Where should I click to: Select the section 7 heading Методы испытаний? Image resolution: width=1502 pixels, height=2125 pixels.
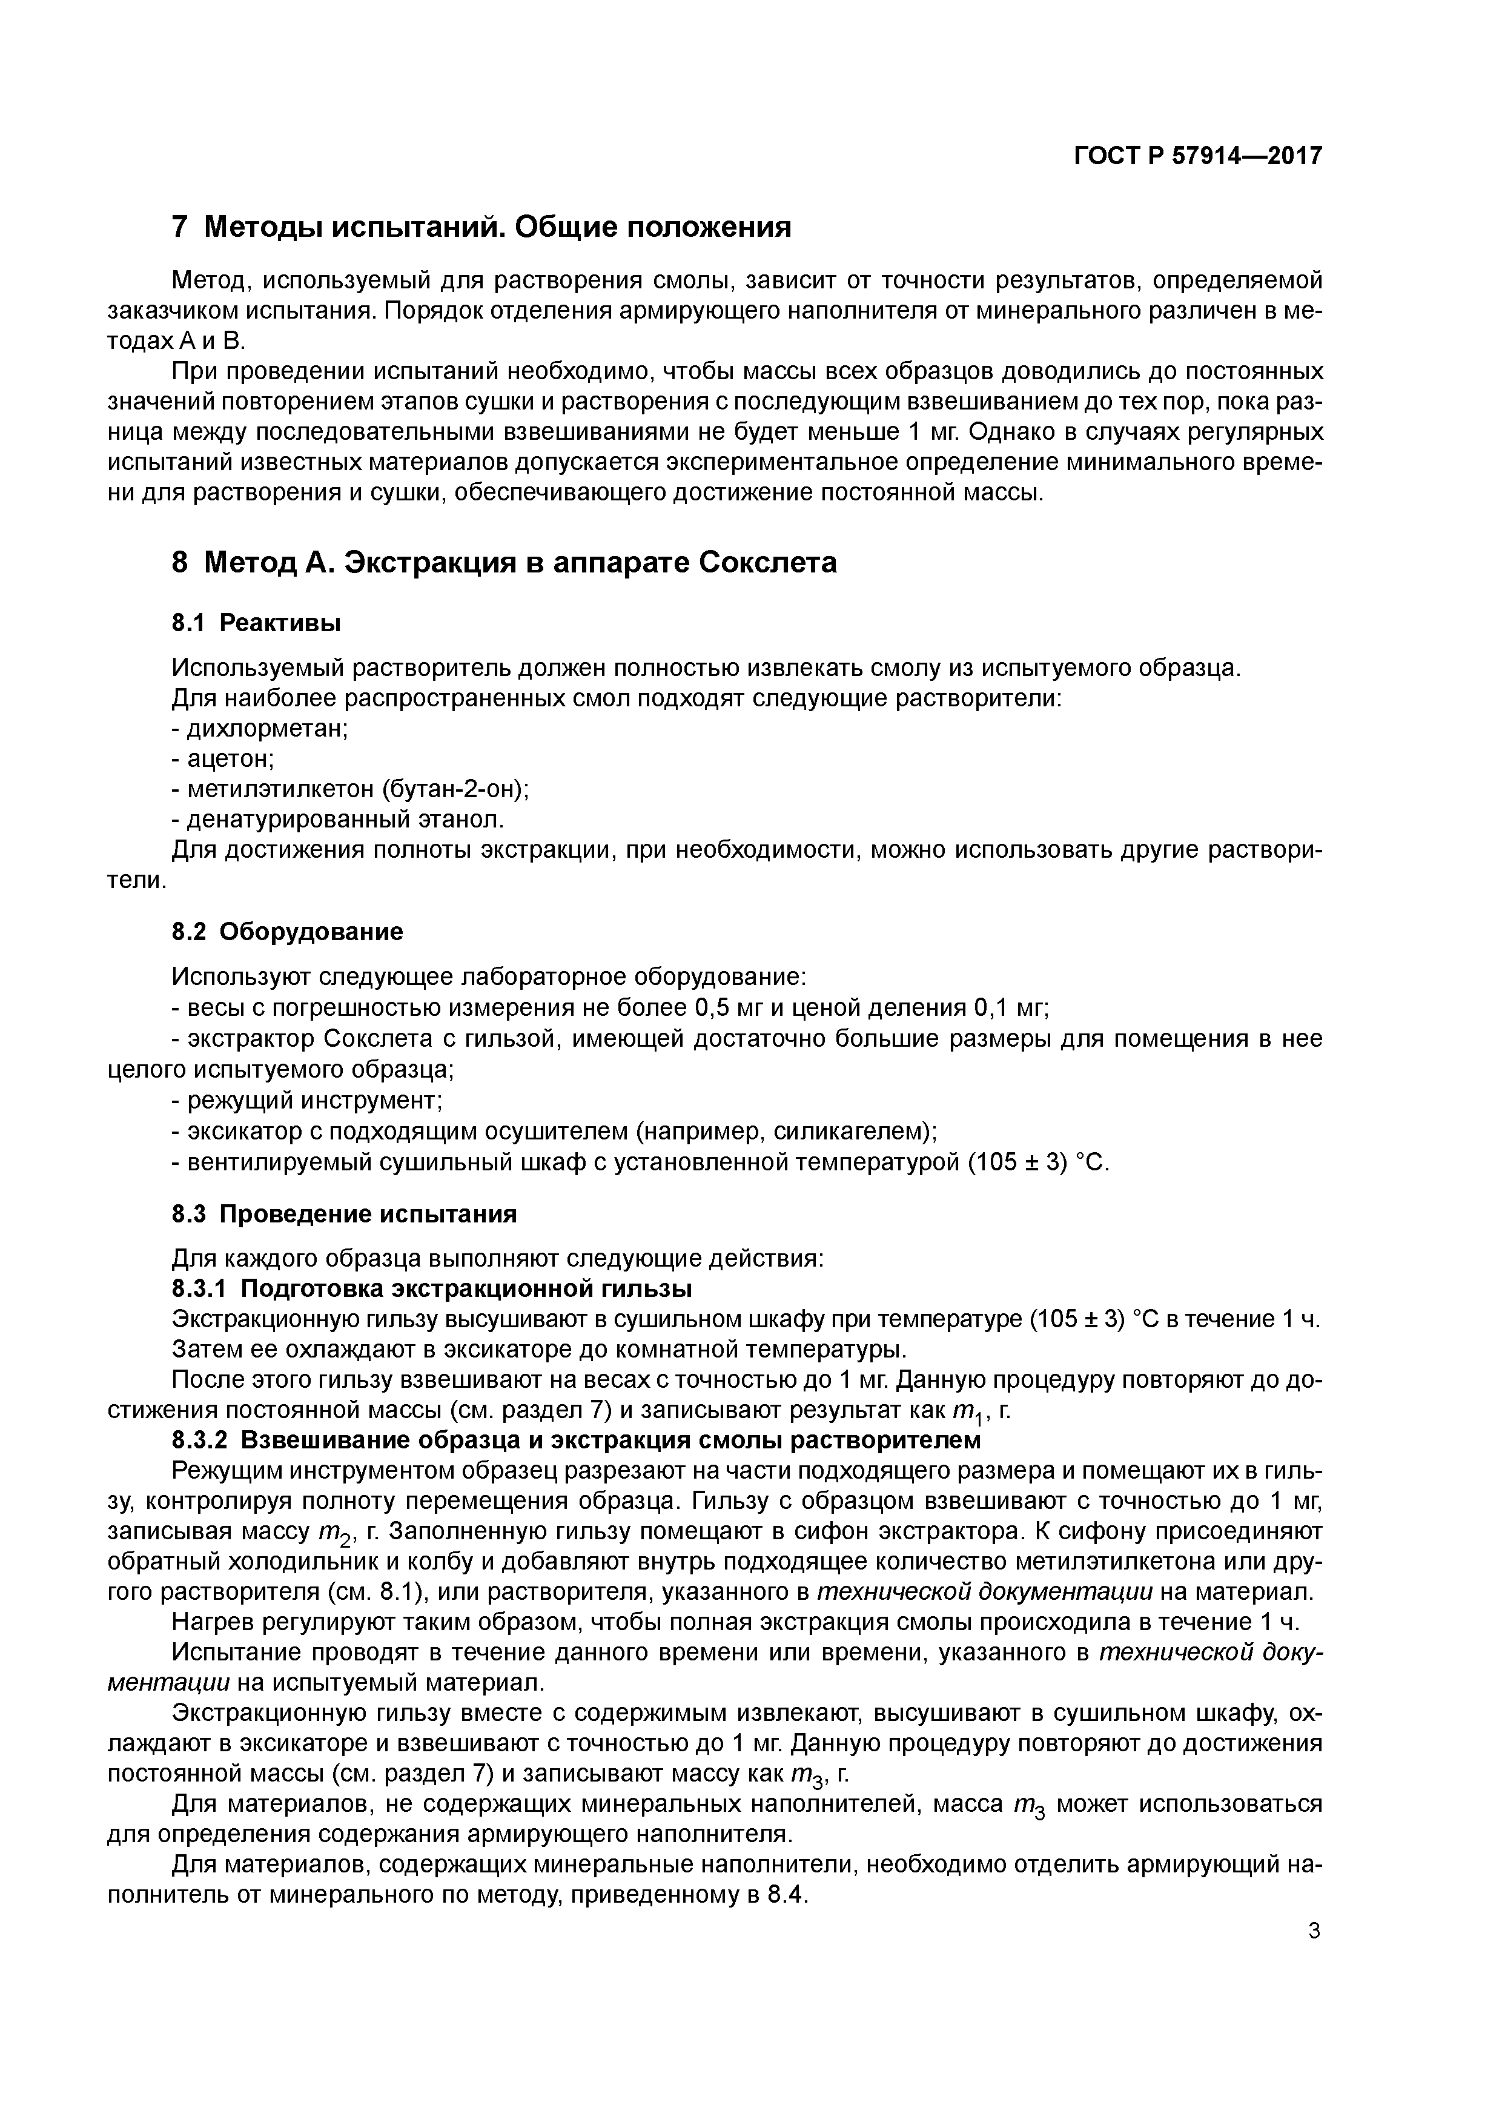pyautogui.click(x=481, y=227)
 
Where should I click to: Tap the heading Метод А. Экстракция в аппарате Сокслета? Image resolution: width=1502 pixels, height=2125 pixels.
pyautogui.click(x=505, y=562)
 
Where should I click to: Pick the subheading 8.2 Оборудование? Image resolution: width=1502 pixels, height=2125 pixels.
pyautogui.click(x=288, y=931)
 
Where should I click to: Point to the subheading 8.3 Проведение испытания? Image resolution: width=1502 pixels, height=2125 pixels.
pyautogui.click(x=344, y=1213)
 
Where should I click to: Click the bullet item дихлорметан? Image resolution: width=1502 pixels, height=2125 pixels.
pyautogui.click(x=261, y=728)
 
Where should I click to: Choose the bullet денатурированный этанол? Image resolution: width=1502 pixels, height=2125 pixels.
pyautogui.click(x=339, y=820)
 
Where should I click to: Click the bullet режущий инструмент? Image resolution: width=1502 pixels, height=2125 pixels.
pyautogui.click(x=309, y=1101)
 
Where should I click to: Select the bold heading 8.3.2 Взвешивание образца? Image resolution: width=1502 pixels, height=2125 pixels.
pyautogui.click(x=575, y=1440)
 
